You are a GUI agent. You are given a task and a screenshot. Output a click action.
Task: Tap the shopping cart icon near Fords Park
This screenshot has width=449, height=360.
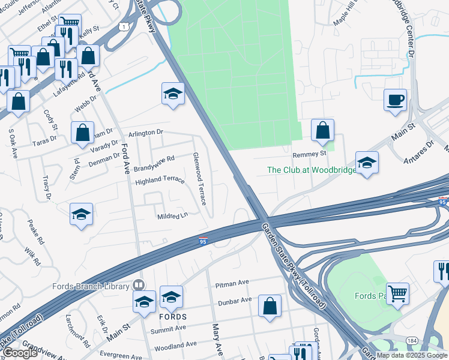point(397,294)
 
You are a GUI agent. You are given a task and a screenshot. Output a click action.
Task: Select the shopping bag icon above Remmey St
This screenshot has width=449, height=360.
point(322,130)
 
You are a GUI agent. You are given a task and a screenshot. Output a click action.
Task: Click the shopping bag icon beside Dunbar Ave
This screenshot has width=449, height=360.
point(270,305)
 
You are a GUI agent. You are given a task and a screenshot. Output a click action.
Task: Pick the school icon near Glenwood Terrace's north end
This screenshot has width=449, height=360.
point(173,94)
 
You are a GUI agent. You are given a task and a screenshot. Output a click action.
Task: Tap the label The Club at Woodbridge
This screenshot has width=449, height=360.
point(311,170)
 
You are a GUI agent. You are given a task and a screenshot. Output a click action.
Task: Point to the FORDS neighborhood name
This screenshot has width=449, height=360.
point(173,316)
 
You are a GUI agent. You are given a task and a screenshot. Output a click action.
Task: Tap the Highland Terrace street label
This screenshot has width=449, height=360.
point(160,180)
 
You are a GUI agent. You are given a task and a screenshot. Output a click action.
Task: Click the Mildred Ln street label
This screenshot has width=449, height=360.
point(172,217)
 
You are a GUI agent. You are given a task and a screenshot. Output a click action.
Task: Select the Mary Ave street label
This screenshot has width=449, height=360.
point(217,340)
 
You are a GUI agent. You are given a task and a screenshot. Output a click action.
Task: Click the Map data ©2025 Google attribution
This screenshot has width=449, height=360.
point(412,355)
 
